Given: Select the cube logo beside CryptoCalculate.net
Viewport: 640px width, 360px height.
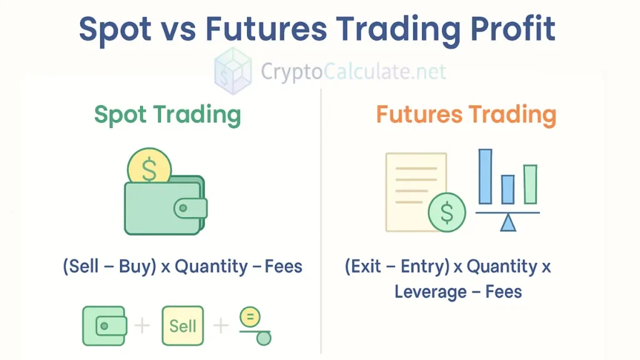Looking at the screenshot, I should [x=233, y=71].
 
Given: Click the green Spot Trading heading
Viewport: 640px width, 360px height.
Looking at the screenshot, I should [x=167, y=115].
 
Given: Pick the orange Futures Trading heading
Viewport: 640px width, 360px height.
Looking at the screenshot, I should [x=466, y=115].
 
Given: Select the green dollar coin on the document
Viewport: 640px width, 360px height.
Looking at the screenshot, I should [x=447, y=212].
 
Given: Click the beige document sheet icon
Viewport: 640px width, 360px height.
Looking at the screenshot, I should [x=412, y=187].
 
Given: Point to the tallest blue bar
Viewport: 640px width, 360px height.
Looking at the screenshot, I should [x=485, y=176].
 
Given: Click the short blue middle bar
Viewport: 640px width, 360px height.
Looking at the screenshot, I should [x=507, y=189].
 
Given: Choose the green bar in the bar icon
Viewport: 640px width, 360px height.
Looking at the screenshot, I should [x=530, y=184].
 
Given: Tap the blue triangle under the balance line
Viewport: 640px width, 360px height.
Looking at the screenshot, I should [x=507, y=223].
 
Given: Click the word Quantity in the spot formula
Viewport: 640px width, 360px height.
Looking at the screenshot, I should [x=211, y=267].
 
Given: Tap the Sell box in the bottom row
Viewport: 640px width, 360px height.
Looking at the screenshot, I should [x=182, y=326].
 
